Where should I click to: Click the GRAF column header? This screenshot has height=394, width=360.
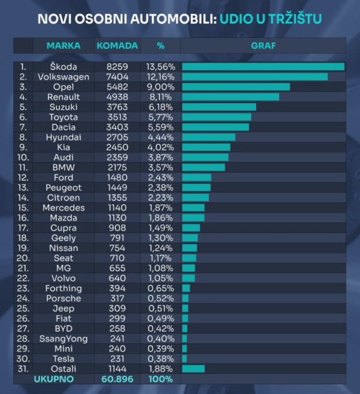pos(263,46)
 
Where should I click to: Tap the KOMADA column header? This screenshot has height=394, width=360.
pos(117,46)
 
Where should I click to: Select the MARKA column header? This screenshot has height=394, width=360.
pos(64,46)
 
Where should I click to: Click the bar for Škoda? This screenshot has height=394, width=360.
pos(263,67)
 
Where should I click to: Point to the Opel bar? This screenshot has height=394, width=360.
pos(236,87)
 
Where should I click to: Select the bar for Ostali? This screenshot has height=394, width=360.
pos(193,369)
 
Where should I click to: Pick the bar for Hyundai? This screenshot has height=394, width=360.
pos(209,137)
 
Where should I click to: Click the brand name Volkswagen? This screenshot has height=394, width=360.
pos(64,77)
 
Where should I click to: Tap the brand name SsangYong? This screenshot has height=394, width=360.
pos(64,339)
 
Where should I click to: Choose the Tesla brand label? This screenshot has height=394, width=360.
pos(64,359)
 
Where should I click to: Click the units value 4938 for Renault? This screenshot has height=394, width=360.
pos(117,97)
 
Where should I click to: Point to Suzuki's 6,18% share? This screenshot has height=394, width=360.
pos(161,107)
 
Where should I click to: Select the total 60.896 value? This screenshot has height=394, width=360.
pos(117,379)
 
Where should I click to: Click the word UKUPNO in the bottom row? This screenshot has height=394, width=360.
pos(54,379)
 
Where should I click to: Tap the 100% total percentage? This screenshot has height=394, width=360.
pos(161,379)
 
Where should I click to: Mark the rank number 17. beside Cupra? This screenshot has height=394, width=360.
pos(23,228)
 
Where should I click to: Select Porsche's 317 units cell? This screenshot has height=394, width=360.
pos(117,298)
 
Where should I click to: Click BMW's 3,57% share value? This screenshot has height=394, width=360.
pos(161,167)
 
